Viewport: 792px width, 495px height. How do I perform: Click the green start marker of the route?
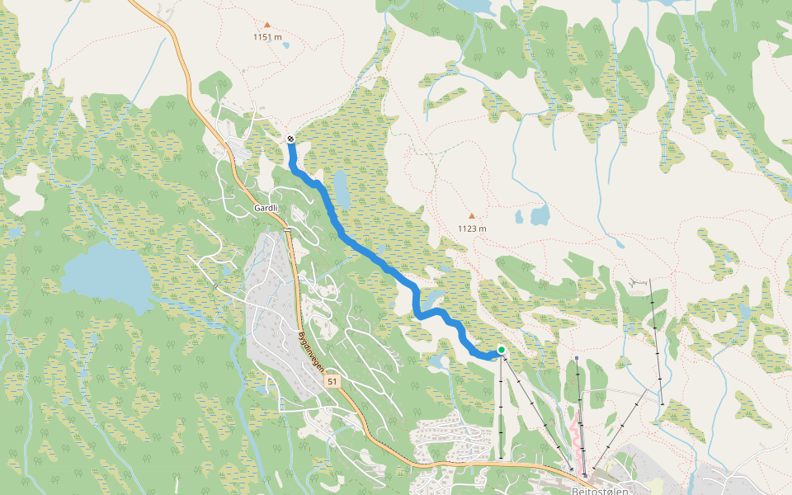click(x=501, y=350)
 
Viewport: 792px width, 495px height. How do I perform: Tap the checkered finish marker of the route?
click(x=290, y=139)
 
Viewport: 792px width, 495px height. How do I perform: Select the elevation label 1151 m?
click(x=267, y=37)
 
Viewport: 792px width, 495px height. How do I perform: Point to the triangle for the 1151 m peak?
click(x=266, y=25)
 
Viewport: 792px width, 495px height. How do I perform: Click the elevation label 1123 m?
click(x=472, y=229)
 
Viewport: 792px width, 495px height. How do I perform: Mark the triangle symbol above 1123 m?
click(x=472, y=216)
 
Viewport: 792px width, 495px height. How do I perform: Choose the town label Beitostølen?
click(x=600, y=489)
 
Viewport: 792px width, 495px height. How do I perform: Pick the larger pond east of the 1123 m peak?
click(x=540, y=215)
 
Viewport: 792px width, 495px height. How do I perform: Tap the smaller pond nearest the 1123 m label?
click(x=519, y=219)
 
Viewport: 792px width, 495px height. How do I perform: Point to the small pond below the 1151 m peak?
click(x=285, y=45)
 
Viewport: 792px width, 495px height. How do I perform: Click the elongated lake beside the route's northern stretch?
click(x=341, y=186)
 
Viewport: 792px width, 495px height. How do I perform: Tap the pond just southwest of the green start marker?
click(x=438, y=361)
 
